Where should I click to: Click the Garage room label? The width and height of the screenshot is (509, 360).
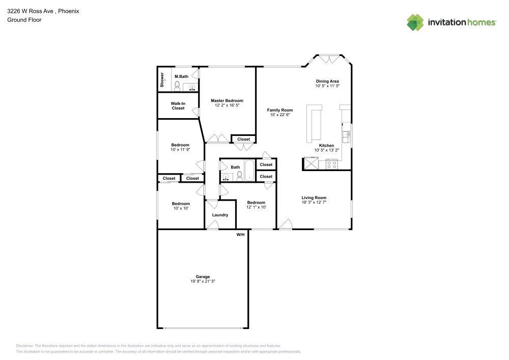203,276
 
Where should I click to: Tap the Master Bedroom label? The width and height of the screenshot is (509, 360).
227,101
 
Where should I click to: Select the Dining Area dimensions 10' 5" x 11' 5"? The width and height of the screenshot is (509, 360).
327,86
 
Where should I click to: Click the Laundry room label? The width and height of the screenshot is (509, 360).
220,215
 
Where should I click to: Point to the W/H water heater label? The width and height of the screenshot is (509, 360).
240,235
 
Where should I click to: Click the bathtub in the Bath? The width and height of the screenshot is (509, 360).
249,171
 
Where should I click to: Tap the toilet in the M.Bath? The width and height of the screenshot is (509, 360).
177,86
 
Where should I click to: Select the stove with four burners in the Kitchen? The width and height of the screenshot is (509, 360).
332,164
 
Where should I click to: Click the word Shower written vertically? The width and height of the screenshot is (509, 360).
162,80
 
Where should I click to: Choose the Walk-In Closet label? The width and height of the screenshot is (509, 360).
178,106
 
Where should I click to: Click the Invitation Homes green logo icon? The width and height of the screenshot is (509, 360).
415,22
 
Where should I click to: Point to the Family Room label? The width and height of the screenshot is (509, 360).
280,110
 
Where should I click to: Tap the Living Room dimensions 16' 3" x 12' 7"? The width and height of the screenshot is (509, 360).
314,202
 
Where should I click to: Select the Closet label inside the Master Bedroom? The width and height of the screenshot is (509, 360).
243,139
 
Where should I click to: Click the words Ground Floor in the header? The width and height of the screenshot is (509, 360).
24,20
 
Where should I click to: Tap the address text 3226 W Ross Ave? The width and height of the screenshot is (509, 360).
30,11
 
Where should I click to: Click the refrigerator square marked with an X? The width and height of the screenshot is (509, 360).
312,163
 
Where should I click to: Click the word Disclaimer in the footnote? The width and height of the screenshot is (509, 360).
24,346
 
